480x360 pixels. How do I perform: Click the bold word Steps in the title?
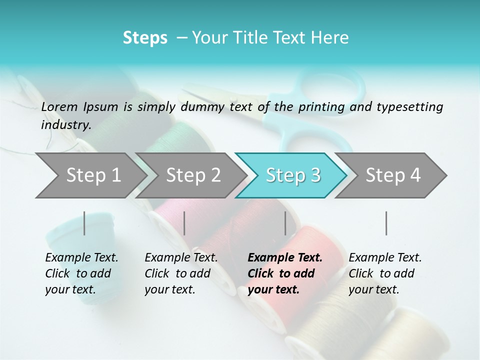[x=145, y=37]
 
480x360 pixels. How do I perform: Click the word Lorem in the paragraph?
[x=59, y=106]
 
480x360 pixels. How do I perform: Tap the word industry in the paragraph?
[x=65, y=124]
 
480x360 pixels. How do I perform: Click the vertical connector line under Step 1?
[x=84, y=223]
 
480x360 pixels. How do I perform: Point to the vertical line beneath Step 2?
[x=184, y=223]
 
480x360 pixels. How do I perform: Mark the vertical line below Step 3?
[x=285, y=223]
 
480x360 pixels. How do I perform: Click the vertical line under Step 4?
[x=386, y=223]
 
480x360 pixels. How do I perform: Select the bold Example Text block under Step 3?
[x=285, y=273]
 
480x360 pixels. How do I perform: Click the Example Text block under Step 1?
[x=81, y=273]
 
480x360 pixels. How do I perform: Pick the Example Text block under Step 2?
[x=181, y=273]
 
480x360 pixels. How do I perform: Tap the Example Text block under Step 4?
[x=385, y=273]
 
